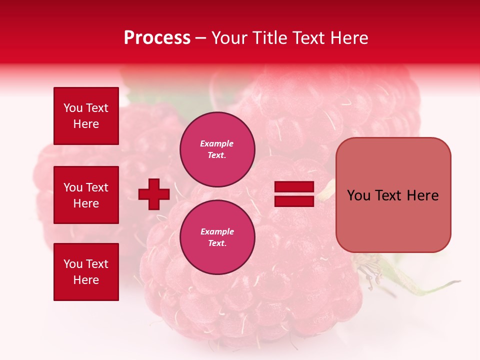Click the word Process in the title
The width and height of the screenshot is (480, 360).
pos(157,38)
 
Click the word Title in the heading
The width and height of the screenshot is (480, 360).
pos(268,38)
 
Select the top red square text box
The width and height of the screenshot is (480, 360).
pos(86,116)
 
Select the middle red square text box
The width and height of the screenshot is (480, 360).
pos(86,195)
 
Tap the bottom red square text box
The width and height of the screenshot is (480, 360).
pos(86,272)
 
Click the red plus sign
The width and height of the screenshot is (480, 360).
pos(154,194)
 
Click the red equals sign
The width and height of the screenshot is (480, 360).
pos(294,194)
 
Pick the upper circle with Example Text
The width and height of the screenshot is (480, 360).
pos(217,149)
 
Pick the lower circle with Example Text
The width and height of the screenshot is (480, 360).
pos(217,237)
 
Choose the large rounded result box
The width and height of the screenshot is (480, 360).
pos(393,194)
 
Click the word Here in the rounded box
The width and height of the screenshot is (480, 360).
pos(422,195)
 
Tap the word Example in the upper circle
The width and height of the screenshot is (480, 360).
pos(216,143)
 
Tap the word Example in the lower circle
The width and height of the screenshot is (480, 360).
pos(217,231)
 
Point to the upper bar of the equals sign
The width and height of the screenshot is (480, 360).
pos(294,187)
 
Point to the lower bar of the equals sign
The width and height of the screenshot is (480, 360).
pos(294,201)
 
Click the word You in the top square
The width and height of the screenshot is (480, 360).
pos(73,108)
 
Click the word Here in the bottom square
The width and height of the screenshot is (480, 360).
pos(86,280)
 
